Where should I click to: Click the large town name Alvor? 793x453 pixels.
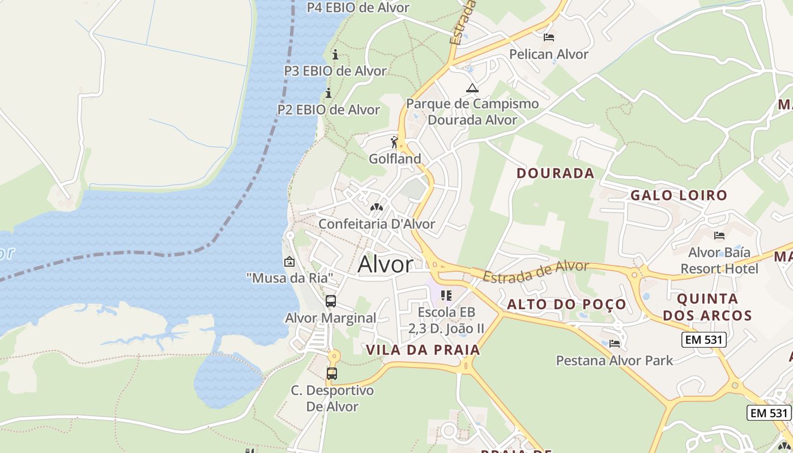[386, 264]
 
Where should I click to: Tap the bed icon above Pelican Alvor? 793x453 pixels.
[548, 37]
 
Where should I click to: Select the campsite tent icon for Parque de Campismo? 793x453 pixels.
[472, 88]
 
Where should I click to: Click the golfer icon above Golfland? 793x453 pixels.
[395, 142]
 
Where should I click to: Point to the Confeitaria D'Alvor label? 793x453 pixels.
[377, 224]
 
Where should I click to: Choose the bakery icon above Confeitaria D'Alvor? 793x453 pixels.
[377, 207]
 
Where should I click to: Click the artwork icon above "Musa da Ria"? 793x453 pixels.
[289, 262]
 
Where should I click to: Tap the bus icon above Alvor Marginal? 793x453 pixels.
[331, 301]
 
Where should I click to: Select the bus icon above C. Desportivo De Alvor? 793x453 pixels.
[332, 374]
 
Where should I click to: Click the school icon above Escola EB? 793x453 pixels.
[446, 296]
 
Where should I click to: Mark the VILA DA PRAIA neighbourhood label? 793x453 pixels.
[423, 350]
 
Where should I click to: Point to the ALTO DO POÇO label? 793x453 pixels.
[566, 305]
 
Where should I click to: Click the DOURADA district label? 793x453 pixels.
[556, 173]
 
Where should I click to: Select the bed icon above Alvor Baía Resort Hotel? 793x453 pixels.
[719, 236]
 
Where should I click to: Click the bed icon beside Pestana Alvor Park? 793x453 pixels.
[615, 343]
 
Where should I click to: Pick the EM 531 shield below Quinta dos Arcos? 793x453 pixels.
[704, 340]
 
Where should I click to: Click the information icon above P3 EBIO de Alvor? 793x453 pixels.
[335, 55]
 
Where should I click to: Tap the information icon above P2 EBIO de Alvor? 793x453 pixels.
[329, 93]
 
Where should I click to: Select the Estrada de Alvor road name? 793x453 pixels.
[536, 271]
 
